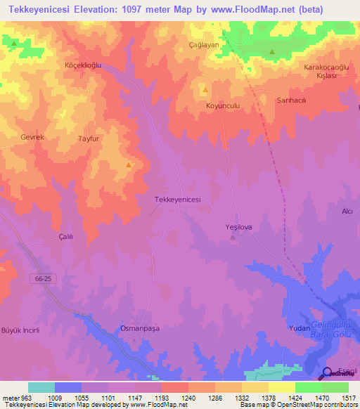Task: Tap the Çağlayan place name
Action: click(205, 44)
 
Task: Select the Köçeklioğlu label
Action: click(84, 65)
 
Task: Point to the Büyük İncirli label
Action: click(20, 330)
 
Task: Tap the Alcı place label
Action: click(346, 212)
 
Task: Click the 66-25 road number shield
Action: click(43, 279)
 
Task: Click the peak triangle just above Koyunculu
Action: click(205, 90)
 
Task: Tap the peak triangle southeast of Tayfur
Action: click(128, 165)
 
